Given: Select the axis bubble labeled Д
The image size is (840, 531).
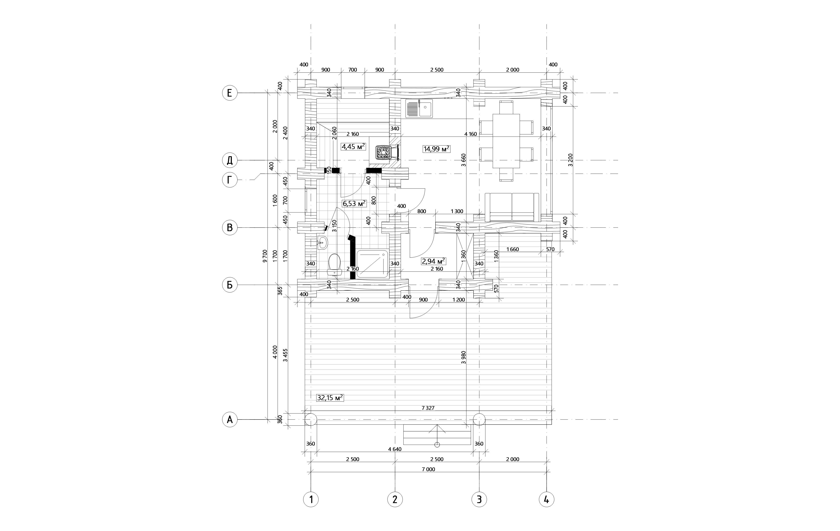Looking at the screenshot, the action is click(x=230, y=160).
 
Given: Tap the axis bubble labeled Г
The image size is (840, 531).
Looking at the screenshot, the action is click(x=230, y=180).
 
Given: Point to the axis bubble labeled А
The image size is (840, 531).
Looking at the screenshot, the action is click(x=230, y=420).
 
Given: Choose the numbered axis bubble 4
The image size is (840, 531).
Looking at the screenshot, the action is click(x=546, y=500).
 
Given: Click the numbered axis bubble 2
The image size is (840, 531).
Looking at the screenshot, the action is click(x=395, y=500).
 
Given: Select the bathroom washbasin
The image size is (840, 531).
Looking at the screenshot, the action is click(x=78, y=243).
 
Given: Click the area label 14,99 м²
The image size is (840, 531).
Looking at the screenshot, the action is click(x=436, y=149).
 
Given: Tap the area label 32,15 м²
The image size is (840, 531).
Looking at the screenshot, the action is click(x=330, y=398).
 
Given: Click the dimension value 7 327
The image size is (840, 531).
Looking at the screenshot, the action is click(x=428, y=408).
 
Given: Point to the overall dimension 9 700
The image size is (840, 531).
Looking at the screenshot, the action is click(x=265, y=256).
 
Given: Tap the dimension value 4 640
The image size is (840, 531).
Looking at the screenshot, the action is click(x=395, y=449).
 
